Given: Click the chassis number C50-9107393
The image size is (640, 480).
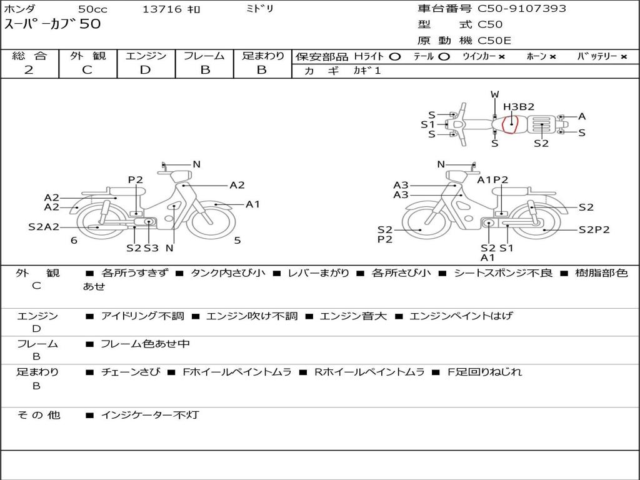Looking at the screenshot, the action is [x=522, y=9].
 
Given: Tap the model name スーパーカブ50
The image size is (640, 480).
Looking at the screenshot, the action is [x=52, y=24].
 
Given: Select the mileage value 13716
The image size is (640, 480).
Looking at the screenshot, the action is [x=162, y=9].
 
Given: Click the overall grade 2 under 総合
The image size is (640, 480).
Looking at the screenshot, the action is [x=29, y=70].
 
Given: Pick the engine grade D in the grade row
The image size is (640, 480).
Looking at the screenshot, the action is [x=145, y=70].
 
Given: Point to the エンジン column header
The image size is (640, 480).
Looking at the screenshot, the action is [x=146, y=56].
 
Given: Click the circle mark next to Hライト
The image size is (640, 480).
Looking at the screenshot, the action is [x=395, y=57].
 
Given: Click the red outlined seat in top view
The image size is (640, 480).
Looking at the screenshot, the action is [x=510, y=124].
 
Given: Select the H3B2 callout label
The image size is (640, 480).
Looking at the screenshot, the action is [x=518, y=107].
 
